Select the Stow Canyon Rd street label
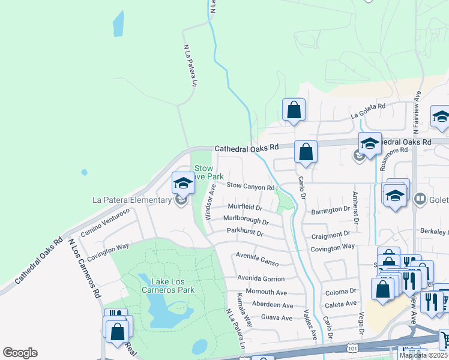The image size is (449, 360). (x=250, y=187)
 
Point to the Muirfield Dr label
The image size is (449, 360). (x=242, y=208)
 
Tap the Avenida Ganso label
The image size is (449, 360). (x=257, y=259)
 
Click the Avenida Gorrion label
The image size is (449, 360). (x=261, y=279)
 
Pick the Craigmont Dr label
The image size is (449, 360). (x=330, y=234)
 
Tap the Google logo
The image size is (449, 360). (x=20, y=353)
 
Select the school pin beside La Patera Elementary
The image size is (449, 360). (x=183, y=182)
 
